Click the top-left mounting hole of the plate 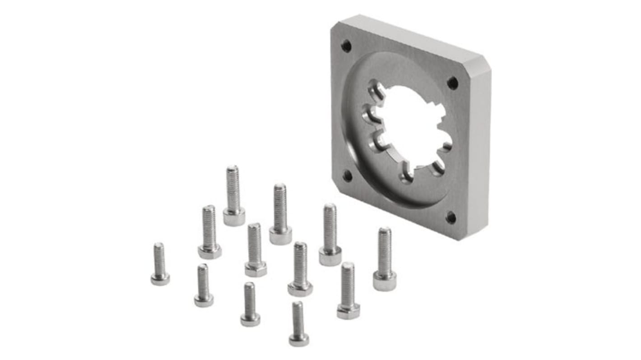click(x=346, y=46)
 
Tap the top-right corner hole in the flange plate click(x=452, y=83)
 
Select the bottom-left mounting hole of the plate click(x=347, y=175)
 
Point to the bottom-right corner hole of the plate click(x=451, y=217)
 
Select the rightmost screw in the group click(x=385, y=259)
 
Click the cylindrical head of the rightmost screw click(x=385, y=282)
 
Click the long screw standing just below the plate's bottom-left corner click(x=330, y=235)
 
